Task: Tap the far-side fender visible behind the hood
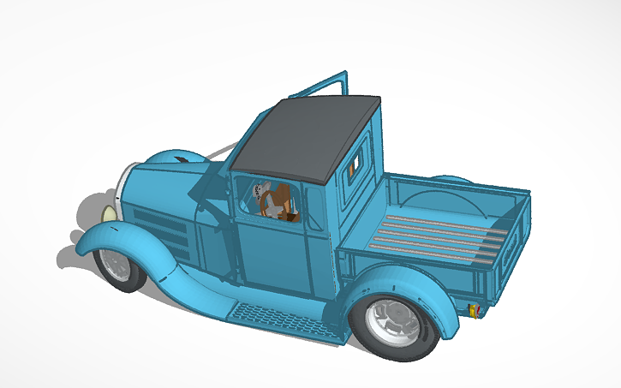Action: [x=176, y=159]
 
